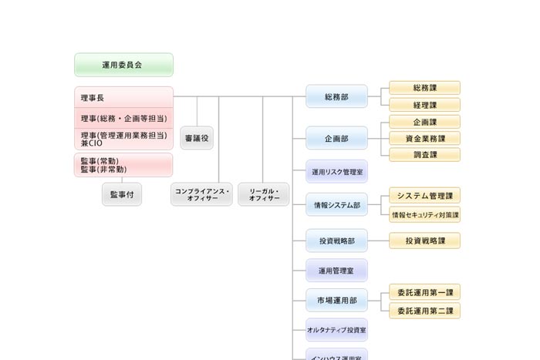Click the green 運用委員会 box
point(123,65)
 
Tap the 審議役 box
point(197,138)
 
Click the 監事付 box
point(122,194)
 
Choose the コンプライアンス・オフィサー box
point(201,194)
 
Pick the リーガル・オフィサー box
point(264,194)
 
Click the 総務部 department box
point(336,97)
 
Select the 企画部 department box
point(336,139)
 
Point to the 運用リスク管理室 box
point(336,172)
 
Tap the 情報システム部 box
point(336,205)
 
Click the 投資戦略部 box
point(336,241)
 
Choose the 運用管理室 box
point(336,271)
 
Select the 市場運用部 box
point(336,300)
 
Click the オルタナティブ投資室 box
point(336,330)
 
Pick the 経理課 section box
point(424,105)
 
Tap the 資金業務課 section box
point(424,138)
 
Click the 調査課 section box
point(424,154)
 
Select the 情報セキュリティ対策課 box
point(424,214)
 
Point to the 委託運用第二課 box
point(424,311)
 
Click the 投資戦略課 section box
point(424,241)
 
